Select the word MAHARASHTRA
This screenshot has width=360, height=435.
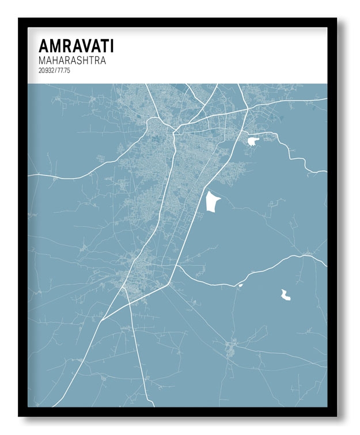tap(72, 60)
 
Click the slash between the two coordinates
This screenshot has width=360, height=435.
tap(56, 70)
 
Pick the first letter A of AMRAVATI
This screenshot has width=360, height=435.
tap(44, 47)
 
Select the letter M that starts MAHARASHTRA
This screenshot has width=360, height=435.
tap(42, 60)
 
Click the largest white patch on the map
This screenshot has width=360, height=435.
tap(213, 201)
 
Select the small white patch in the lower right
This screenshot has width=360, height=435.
tap(285, 295)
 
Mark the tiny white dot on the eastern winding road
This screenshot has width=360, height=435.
tap(240, 285)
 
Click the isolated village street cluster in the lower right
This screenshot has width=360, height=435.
tap(230, 348)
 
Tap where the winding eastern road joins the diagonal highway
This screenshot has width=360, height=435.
tap(175, 265)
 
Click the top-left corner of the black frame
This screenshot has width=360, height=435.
tap(18, 18)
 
